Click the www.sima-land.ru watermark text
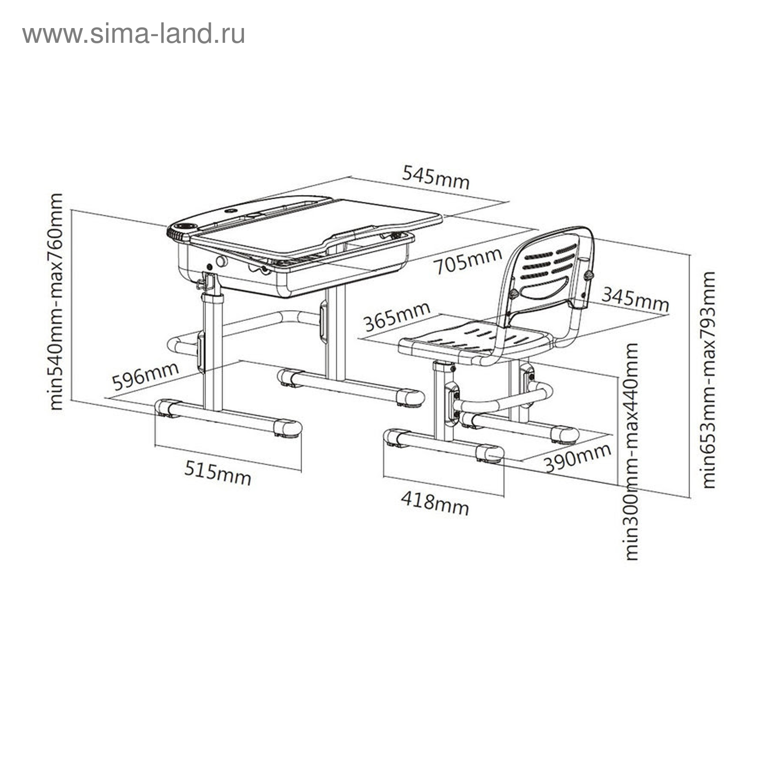134,34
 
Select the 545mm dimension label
436,177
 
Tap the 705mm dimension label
468,261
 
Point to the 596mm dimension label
145,376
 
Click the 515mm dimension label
218,474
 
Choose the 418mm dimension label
435,503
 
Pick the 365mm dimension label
397,316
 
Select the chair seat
476,340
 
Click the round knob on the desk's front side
221,261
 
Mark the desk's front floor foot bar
228,417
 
